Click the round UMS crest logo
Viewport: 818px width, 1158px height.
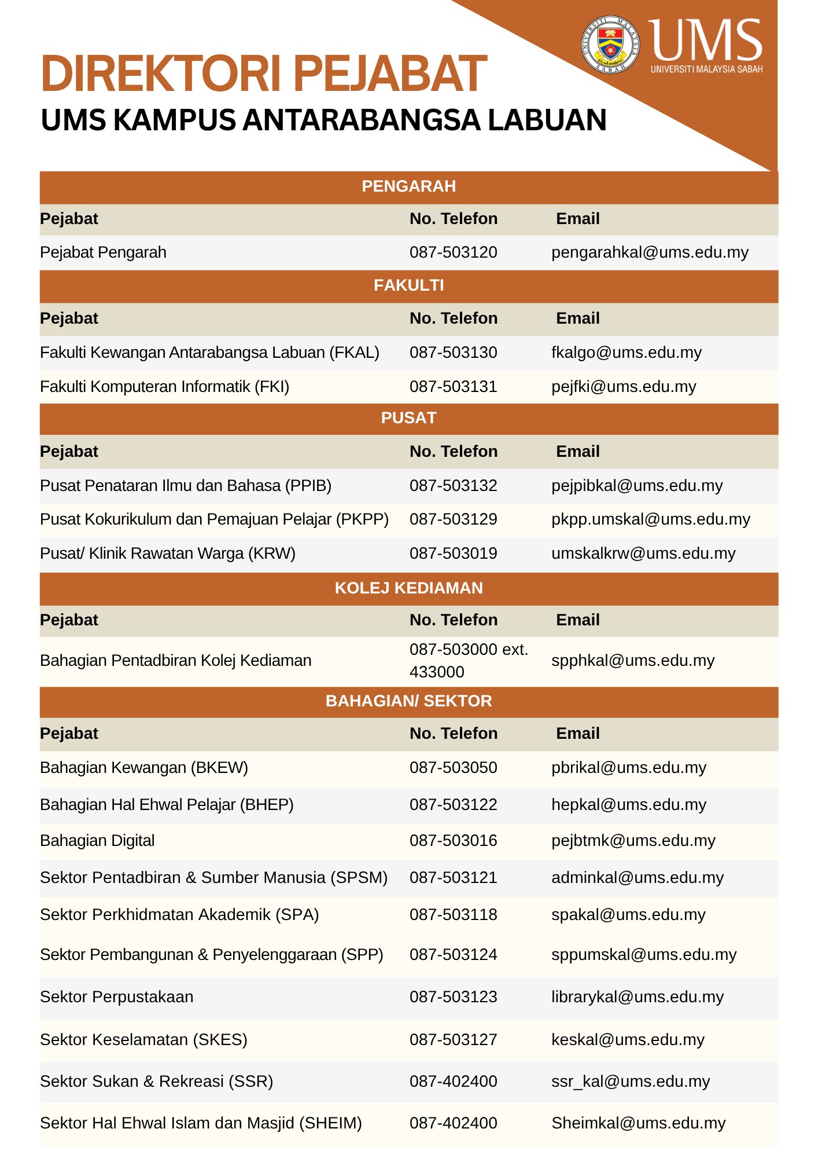(x=610, y=45)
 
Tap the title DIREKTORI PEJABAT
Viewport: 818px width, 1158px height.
(x=264, y=74)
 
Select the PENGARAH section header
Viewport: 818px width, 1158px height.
(x=408, y=186)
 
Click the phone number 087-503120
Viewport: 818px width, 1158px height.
(x=453, y=252)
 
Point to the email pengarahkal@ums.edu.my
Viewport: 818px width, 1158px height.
(x=650, y=252)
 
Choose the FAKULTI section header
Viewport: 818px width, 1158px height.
(x=408, y=285)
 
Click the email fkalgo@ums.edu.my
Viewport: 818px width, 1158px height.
(x=626, y=353)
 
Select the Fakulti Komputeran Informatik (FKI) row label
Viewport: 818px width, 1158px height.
(x=164, y=387)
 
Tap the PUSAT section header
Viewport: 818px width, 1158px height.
(x=408, y=418)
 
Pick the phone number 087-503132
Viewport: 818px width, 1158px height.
(x=453, y=486)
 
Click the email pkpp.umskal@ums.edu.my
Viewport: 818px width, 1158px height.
(x=650, y=519)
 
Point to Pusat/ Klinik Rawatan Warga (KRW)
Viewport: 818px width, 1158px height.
(x=167, y=554)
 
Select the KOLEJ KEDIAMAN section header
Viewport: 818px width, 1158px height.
(x=408, y=588)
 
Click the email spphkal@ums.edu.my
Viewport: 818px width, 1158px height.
(x=633, y=661)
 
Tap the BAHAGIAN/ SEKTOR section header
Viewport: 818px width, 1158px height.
(x=408, y=701)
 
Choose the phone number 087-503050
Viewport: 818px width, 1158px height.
(x=453, y=768)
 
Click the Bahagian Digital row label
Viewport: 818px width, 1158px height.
(x=97, y=841)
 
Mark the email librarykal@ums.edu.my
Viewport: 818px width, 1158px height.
(x=637, y=997)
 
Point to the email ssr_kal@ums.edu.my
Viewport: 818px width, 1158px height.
(x=630, y=1082)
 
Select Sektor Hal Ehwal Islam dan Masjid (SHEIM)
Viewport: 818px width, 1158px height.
(x=201, y=1123)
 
